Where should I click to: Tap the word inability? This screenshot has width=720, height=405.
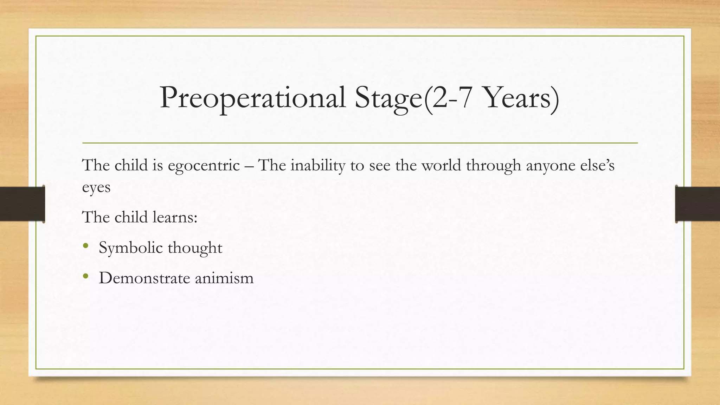point(317,165)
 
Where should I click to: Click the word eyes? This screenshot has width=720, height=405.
point(96,188)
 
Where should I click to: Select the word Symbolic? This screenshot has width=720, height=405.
point(130,248)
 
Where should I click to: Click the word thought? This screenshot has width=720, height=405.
point(195,248)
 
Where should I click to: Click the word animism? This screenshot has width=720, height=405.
point(224,278)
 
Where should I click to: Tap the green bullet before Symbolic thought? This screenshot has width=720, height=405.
point(85,246)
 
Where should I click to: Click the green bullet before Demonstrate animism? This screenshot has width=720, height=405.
point(85,277)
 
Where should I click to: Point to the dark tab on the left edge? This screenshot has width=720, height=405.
point(22,204)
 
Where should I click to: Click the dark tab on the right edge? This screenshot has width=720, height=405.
point(697,204)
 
